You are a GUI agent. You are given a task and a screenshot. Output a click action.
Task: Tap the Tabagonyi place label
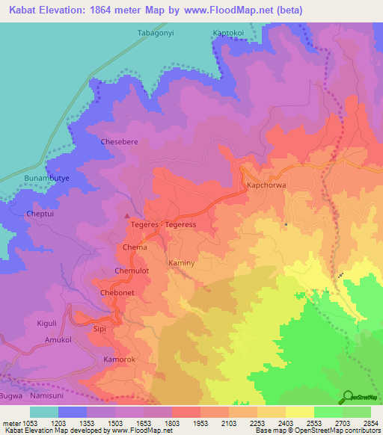tap(156, 33)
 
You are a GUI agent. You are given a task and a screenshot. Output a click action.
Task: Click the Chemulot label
tap(133, 270)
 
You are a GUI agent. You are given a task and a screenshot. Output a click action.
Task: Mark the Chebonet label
tap(117, 294)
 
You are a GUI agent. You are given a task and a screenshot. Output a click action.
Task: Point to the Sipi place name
tap(100, 327)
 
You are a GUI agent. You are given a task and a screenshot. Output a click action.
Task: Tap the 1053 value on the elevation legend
tap(29, 423)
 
